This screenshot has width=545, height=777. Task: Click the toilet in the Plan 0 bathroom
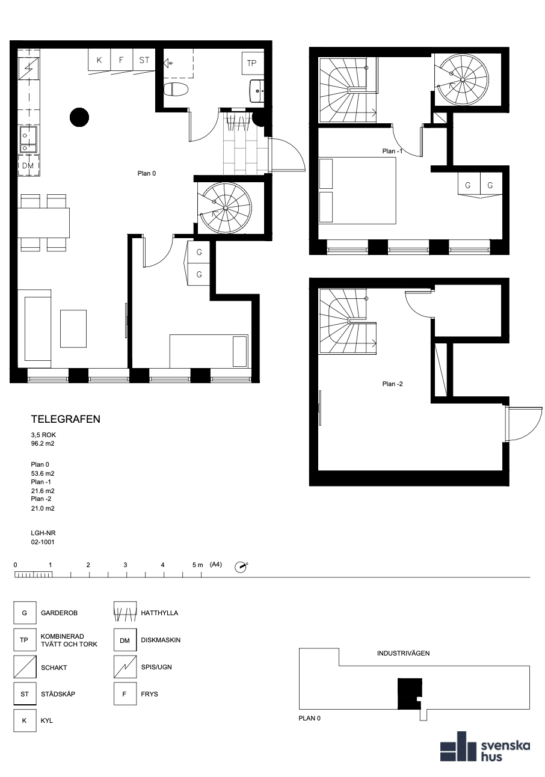176,90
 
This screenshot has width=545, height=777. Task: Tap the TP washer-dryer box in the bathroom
251,63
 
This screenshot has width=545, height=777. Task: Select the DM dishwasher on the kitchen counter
28,165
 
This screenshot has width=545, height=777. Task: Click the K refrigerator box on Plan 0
99,60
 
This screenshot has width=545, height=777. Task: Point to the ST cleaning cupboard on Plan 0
144,60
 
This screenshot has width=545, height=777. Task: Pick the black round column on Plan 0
79,117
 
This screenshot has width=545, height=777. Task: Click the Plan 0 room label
147,173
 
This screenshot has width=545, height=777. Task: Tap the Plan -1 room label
392,151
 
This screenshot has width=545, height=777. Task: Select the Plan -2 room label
392,384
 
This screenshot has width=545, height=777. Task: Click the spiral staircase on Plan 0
225,208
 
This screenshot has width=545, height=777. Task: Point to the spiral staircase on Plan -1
462,80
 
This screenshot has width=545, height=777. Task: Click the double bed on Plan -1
357,191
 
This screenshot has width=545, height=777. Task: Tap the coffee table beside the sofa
73,328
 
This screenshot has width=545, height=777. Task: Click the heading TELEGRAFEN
66,419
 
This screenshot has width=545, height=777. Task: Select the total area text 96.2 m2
43,443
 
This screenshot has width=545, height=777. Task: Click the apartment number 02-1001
43,542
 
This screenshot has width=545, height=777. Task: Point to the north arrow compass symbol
241,567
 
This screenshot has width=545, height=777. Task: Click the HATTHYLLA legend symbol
125,613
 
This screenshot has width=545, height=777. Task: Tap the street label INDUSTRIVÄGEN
403,653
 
